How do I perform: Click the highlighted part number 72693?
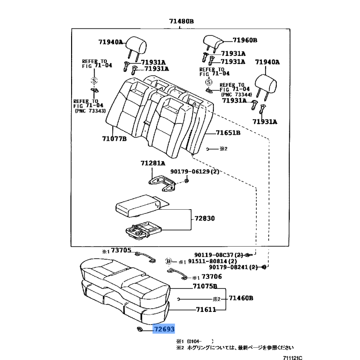pyautogui.click(x=164, y=329)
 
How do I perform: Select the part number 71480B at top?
pyautogui.click(x=181, y=21)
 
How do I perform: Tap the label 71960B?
pyautogui.click(x=245, y=40)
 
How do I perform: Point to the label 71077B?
pyautogui.click(x=114, y=139)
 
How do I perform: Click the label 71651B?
pyautogui.click(x=228, y=133)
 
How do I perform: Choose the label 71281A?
pyautogui.click(x=153, y=163)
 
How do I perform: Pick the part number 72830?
pyautogui.click(x=205, y=218)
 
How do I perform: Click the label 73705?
pyautogui.click(x=121, y=250)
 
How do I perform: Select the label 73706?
pyautogui.click(x=211, y=276)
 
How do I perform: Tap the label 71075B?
pyautogui.click(x=205, y=286)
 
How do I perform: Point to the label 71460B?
pyautogui.click(x=241, y=298)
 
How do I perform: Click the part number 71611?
pyautogui.click(x=206, y=310)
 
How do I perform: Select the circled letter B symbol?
pyautogui.click(x=169, y=261)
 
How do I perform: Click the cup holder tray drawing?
pyautogui.click(x=143, y=230)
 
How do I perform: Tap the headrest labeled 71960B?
pyautogui.click(x=212, y=42)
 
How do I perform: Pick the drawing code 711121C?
pyautogui.click(x=292, y=358)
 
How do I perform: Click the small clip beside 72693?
pyautogui.click(x=139, y=329)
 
